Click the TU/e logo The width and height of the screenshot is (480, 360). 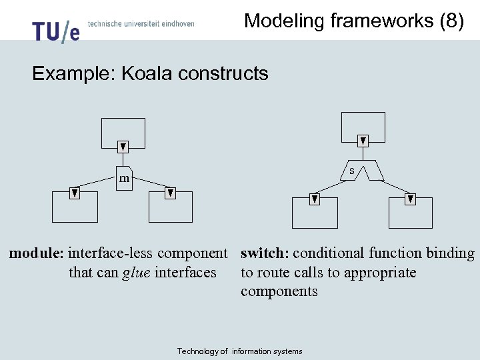pyautogui.click(x=55, y=31)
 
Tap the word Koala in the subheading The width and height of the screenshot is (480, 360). pyautogui.click(x=145, y=73)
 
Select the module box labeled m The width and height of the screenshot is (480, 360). pyautogui.click(x=124, y=178)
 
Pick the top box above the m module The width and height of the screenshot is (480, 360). pyautogui.click(x=123, y=132)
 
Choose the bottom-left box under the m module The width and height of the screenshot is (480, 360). pyautogui.click(x=75, y=207)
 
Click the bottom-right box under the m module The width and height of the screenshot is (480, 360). pyautogui.click(x=171, y=207)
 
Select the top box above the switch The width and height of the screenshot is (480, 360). pyautogui.click(x=363, y=127)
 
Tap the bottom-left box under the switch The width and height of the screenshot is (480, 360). pyautogui.click(x=315, y=213)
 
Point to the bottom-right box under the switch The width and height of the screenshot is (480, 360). pyautogui.click(x=411, y=213)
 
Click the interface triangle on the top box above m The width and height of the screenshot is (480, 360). pyautogui.click(x=123, y=147)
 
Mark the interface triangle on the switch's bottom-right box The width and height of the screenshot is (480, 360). pyautogui.click(x=411, y=199)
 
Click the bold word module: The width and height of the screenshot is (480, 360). pyautogui.click(x=37, y=253)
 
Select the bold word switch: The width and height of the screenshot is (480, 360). pyautogui.click(x=265, y=253)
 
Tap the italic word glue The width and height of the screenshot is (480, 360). pyautogui.click(x=136, y=273)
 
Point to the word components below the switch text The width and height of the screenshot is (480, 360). pyautogui.click(x=279, y=291)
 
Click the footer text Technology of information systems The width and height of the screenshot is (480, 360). pyautogui.click(x=239, y=351)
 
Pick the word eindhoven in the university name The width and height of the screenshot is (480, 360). pyautogui.click(x=177, y=24)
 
